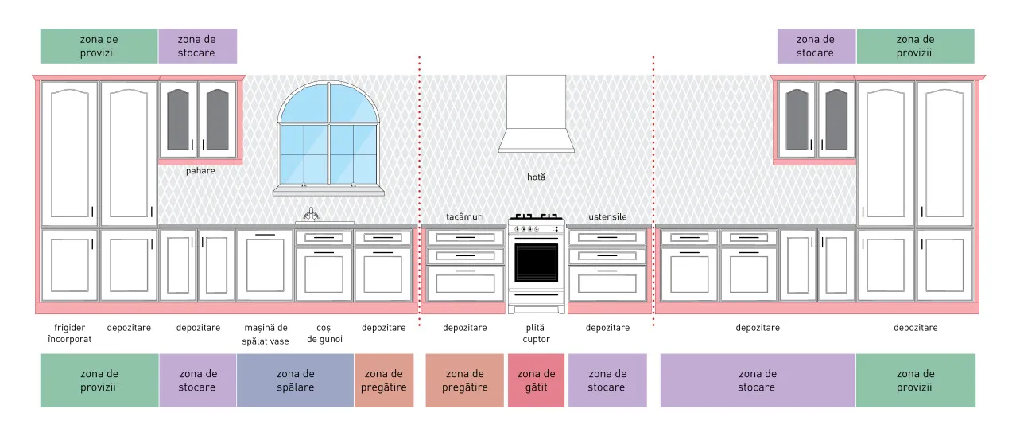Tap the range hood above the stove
click(536, 114)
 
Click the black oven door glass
click(536, 263)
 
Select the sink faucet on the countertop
click(311, 214)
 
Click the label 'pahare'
click(200, 171)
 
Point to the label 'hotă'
click(536, 177)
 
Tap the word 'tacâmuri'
click(465, 217)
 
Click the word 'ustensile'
click(607, 217)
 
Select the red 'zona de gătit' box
click(536, 380)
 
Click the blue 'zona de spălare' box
click(295, 380)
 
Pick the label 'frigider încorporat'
click(69, 333)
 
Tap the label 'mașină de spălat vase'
click(266, 334)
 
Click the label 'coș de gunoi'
click(324, 333)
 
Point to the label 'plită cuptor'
click(536, 333)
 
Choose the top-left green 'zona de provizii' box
click(99, 46)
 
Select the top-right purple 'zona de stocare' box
click(816, 46)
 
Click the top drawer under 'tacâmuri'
click(465, 237)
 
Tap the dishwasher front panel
click(266, 265)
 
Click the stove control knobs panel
click(536, 228)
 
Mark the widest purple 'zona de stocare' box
click(758, 380)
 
